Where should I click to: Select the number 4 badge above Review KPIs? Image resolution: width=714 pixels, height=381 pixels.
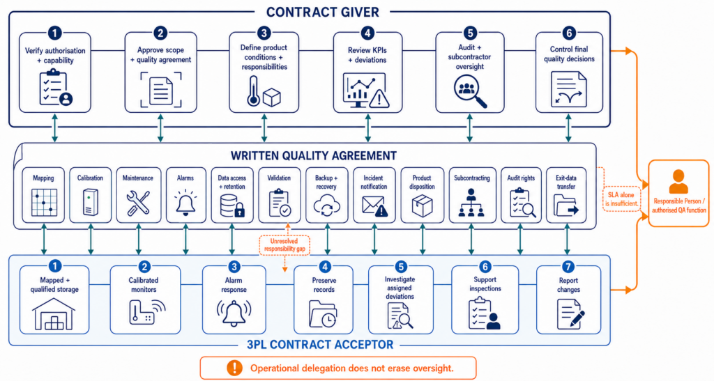tap(367, 33)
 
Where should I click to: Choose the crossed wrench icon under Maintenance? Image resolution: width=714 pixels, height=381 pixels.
tap(138, 203)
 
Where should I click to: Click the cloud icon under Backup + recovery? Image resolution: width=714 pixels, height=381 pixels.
tap(326, 205)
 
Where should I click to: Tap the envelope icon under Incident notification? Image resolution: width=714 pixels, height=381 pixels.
tap(374, 206)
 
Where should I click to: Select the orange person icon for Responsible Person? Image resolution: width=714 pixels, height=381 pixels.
tap(678, 181)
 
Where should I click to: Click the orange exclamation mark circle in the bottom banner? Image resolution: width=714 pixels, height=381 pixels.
tap(234, 367)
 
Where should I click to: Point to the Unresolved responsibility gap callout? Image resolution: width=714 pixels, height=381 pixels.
tap(284, 245)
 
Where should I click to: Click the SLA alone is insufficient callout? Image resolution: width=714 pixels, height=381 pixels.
tap(621, 199)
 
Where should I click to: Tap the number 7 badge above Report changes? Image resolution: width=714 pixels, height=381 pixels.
tap(568, 267)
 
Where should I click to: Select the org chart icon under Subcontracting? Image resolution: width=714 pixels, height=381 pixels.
tap(471, 203)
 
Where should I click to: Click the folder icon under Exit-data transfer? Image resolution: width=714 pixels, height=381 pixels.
tap(566, 205)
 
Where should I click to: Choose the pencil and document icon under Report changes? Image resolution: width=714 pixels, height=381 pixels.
tap(570, 313)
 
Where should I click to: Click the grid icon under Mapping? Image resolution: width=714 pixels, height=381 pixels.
tap(44, 202)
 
